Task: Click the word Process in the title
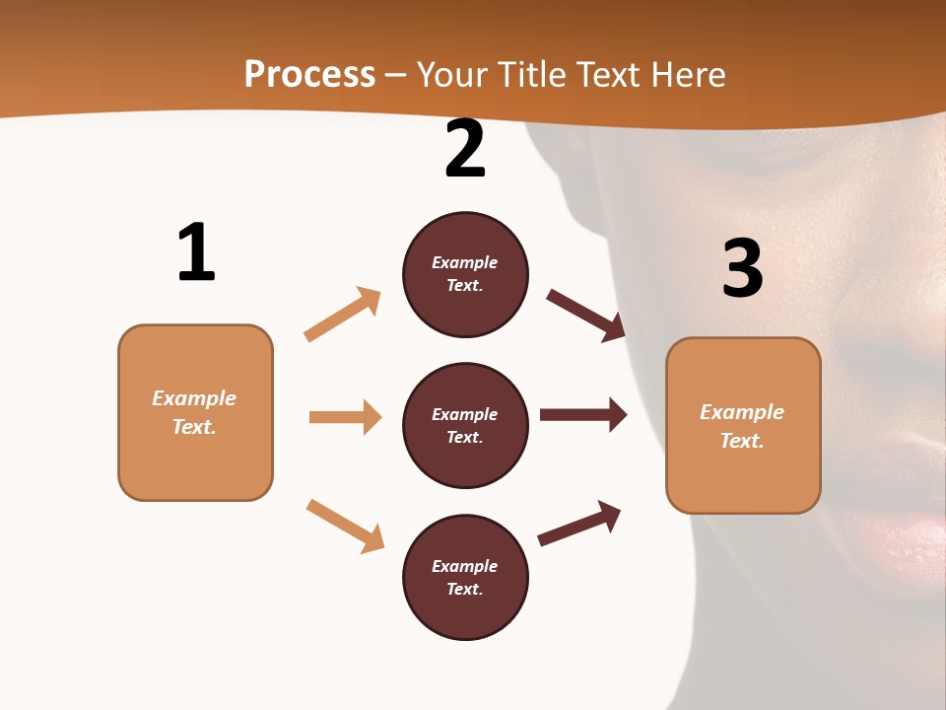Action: point(309,75)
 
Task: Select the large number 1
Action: point(196,253)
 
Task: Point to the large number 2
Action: point(465,149)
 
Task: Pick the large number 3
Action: point(742,268)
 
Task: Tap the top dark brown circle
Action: point(465,274)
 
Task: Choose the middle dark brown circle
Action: point(465,425)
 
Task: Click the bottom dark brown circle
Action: point(465,577)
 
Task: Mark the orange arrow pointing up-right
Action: point(343,315)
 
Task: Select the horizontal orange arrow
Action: point(345,417)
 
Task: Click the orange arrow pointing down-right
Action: point(345,526)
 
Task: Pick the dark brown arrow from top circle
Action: point(586,315)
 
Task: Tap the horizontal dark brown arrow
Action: point(583,415)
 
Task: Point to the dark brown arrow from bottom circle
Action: point(579,523)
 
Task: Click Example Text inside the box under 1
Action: point(194,412)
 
